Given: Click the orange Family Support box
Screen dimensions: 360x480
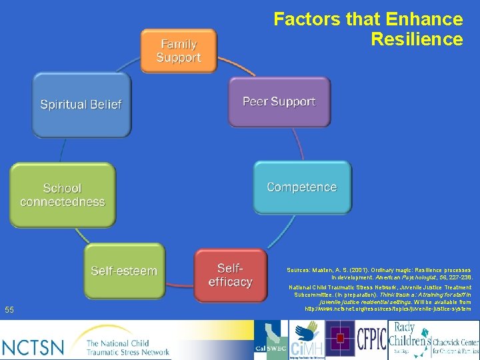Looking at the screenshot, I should (179, 51).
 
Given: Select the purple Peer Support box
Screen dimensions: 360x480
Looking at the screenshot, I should (279, 102).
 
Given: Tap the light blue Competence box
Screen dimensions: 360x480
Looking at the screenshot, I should (301, 187).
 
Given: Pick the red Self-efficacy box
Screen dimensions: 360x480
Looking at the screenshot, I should (230, 275).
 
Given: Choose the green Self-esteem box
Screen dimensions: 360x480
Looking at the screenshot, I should (124, 271).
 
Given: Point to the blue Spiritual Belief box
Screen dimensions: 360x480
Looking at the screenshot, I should (81, 104).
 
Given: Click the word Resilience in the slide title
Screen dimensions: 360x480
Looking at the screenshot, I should (417, 39).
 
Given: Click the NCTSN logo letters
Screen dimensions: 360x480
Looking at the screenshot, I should (33, 347).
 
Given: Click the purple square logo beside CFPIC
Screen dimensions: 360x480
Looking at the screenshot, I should (339, 339).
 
